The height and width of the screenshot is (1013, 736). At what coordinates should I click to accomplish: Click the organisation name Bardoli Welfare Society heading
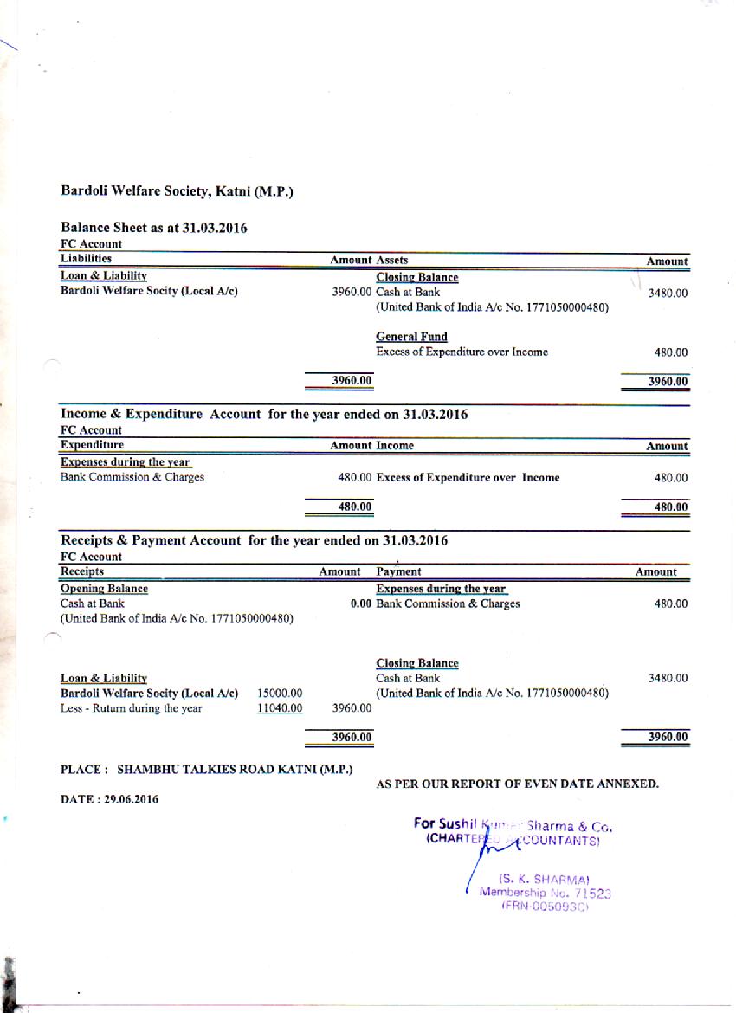click(177, 190)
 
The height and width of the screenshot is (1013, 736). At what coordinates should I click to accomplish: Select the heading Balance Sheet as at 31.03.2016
click(153, 229)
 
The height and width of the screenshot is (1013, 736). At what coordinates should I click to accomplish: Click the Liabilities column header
click(86, 258)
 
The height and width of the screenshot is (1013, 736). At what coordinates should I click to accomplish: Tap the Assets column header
click(392, 260)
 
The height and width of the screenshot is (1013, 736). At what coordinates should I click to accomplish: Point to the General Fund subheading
click(411, 337)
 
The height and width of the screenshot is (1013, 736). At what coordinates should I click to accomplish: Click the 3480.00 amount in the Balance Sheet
click(668, 294)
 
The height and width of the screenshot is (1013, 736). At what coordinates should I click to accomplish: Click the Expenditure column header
click(92, 445)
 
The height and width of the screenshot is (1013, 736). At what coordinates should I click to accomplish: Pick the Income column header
click(394, 446)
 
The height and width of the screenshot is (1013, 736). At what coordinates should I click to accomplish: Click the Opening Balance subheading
click(104, 589)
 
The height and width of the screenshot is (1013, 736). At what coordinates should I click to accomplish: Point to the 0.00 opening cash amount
click(361, 603)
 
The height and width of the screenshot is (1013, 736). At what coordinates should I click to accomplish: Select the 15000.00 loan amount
click(280, 694)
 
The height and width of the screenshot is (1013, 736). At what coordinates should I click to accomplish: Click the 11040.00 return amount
click(280, 708)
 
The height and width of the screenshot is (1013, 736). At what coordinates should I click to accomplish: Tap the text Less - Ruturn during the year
click(131, 708)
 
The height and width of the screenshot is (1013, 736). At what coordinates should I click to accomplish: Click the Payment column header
click(398, 571)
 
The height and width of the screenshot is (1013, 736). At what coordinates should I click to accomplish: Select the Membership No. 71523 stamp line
click(546, 893)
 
